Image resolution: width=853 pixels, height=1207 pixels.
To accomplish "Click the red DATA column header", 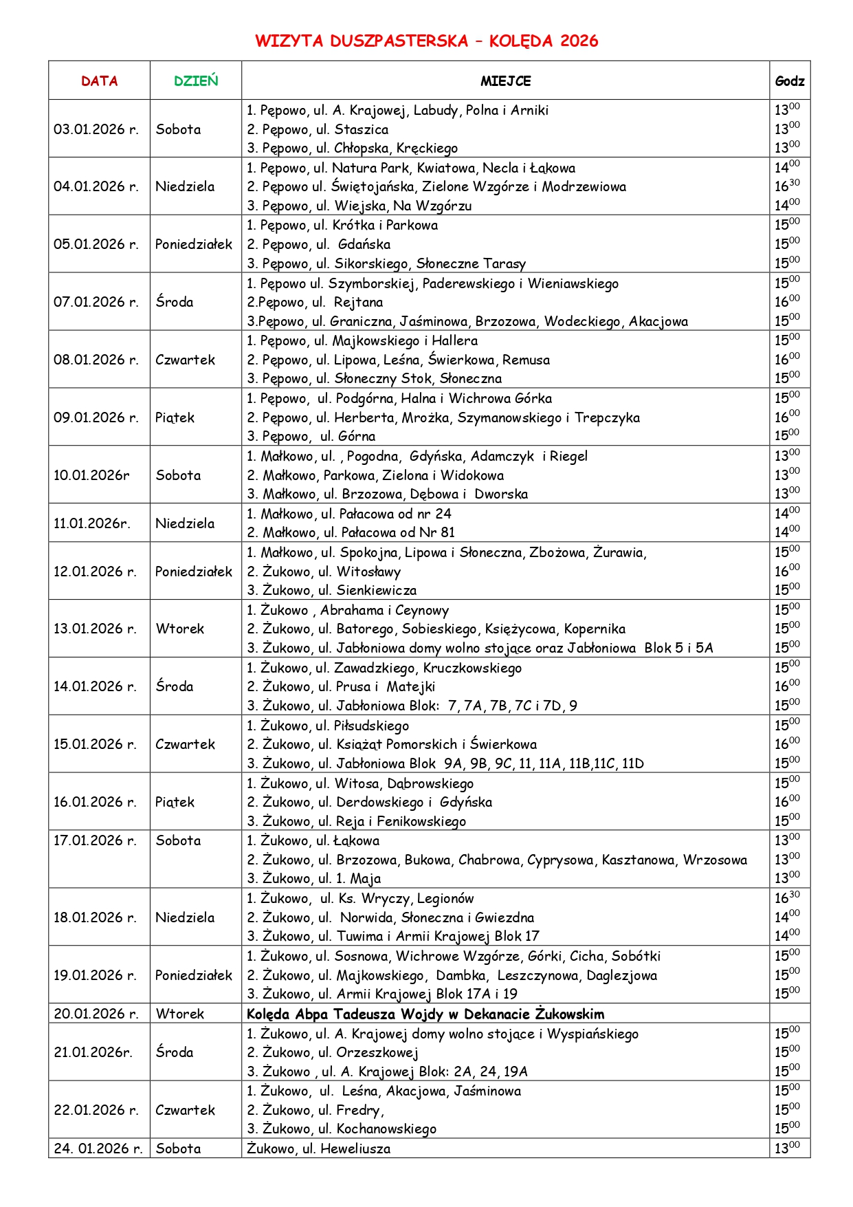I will pyautogui.click(x=99, y=81).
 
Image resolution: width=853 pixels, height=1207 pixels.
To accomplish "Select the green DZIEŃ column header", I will pyautogui.click(x=196, y=81).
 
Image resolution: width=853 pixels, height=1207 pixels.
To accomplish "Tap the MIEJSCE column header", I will pyautogui.click(x=505, y=81).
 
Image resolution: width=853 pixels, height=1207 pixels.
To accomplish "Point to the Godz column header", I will pyautogui.click(x=790, y=81).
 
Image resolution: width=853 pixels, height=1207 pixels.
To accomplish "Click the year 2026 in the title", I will pyautogui.click(x=579, y=41).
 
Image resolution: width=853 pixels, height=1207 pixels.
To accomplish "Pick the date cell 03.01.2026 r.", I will pyautogui.click(x=96, y=129).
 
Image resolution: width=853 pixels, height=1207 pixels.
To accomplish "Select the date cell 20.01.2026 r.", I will pyautogui.click(x=96, y=1014).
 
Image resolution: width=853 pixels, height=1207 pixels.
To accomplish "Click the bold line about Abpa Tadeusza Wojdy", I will pyautogui.click(x=425, y=1014).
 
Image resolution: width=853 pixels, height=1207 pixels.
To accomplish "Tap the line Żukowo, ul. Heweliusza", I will pyautogui.click(x=319, y=1149).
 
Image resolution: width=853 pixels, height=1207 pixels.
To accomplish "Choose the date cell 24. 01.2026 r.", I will pyautogui.click(x=98, y=1149).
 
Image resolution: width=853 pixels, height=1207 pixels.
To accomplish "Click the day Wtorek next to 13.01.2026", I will pyautogui.click(x=180, y=629).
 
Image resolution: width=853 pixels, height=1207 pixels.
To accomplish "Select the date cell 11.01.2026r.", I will pyautogui.click(x=92, y=523).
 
